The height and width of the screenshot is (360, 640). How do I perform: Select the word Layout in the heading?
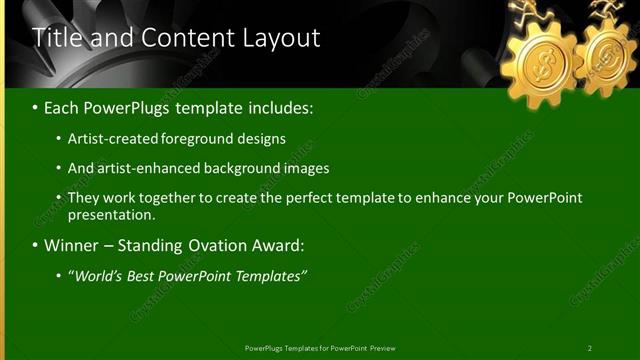tap(282, 38)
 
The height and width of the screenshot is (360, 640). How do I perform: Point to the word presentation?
tap(111, 215)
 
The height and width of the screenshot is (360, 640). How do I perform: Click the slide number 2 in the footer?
tap(589, 348)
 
